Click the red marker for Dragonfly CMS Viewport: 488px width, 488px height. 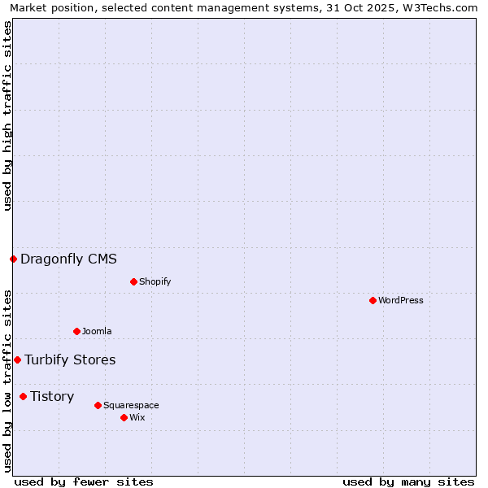[x=13, y=259]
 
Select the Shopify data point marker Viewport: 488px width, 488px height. [x=133, y=282]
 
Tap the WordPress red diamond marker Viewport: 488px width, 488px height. [x=373, y=301]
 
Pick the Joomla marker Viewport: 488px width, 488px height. [x=76, y=332]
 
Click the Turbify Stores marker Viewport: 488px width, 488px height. [x=17, y=360]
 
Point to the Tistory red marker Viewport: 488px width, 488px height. [x=23, y=397]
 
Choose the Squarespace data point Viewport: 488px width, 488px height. [x=98, y=405]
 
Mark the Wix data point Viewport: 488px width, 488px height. [x=124, y=418]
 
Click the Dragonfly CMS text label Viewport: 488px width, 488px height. [x=68, y=259]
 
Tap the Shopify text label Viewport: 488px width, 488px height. [x=155, y=282]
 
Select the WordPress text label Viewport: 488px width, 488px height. [x=400, y=301]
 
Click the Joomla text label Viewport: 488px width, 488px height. [x=97, y=332]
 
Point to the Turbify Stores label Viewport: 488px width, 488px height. [x=70, y=360]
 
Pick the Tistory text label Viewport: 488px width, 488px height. [x=52, y=397]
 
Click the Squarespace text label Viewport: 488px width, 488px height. [x=131, y=405]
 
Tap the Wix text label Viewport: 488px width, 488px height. [x=137, y=418]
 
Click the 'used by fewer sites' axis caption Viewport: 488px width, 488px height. [x=84, y=481]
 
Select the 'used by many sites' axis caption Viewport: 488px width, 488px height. [x=408, y=481]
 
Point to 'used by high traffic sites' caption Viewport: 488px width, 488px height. [x=7, y=115]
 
